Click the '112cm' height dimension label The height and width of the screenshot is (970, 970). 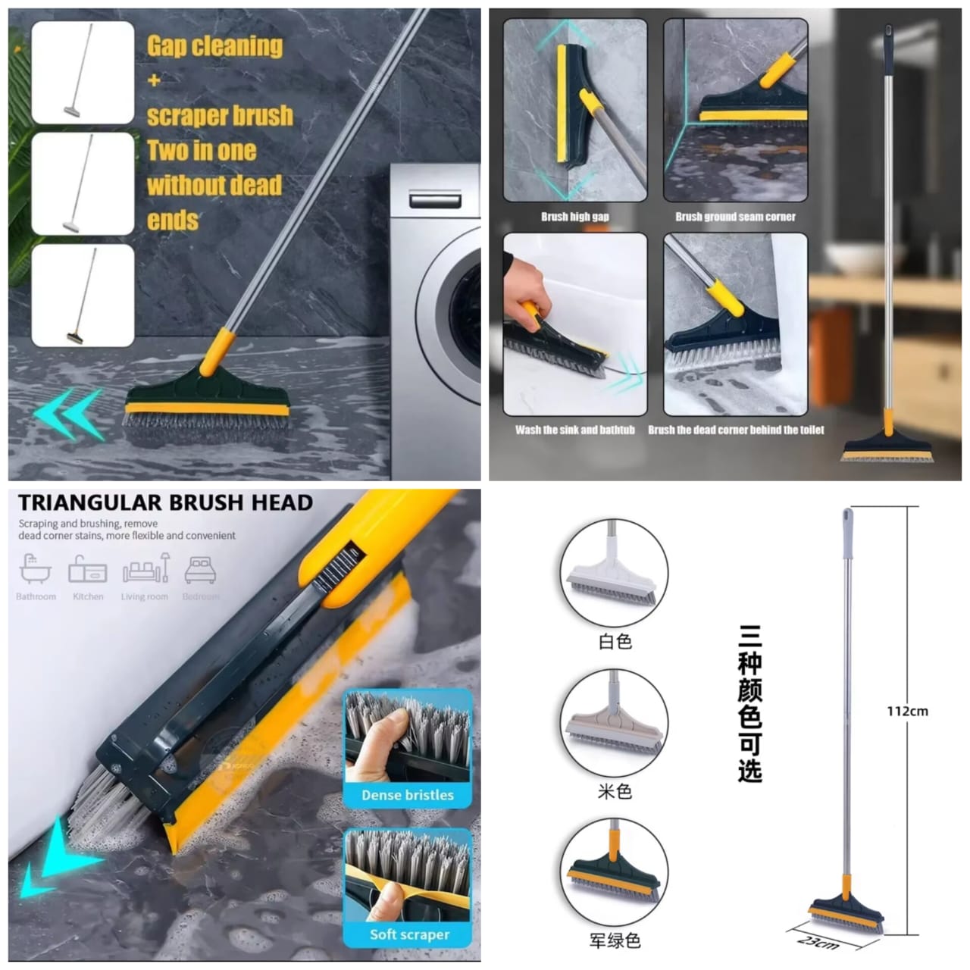pyautogui.click(x=907, y=711)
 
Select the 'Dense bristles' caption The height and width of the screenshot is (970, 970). pyautogui.click(x=407, y=795)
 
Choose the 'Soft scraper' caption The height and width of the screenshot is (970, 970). pyautogui.click(x=409, y=934)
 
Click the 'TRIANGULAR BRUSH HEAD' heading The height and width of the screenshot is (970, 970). pyautogui.click(x=165, y=502)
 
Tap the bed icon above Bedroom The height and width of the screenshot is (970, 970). pyautogui.click(x=201, y=569)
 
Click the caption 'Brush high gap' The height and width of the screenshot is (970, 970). pyautogui.click(x=574, y=217)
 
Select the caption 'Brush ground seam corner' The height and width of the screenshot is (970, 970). pyautogui.click(x=735, y=217)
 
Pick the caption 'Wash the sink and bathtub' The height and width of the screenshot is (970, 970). pyautogui.click(x=574, y=430)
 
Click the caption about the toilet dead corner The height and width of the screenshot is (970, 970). pyautogui.click(x=736, y=430)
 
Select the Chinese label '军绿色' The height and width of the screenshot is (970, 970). pyautogui.click(x=615, y=940)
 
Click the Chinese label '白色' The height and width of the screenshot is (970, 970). pyautogui.click(x=615, y=642)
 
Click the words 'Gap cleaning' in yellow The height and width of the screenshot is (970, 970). pyautogui.click(x=214, y=46)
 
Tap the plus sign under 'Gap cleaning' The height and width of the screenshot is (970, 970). pyautogui.click(x=155, y=80)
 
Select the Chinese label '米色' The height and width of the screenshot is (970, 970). pyautogui.click(x=615, y=792)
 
